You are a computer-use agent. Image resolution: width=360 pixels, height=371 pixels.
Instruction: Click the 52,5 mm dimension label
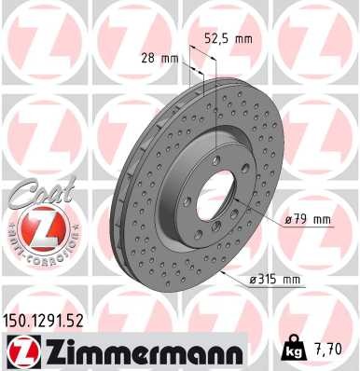coord(229,40)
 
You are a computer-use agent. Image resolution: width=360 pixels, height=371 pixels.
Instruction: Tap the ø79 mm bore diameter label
coord(304,219)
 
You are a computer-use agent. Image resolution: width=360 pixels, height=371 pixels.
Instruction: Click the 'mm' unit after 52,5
coord(244,40)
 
